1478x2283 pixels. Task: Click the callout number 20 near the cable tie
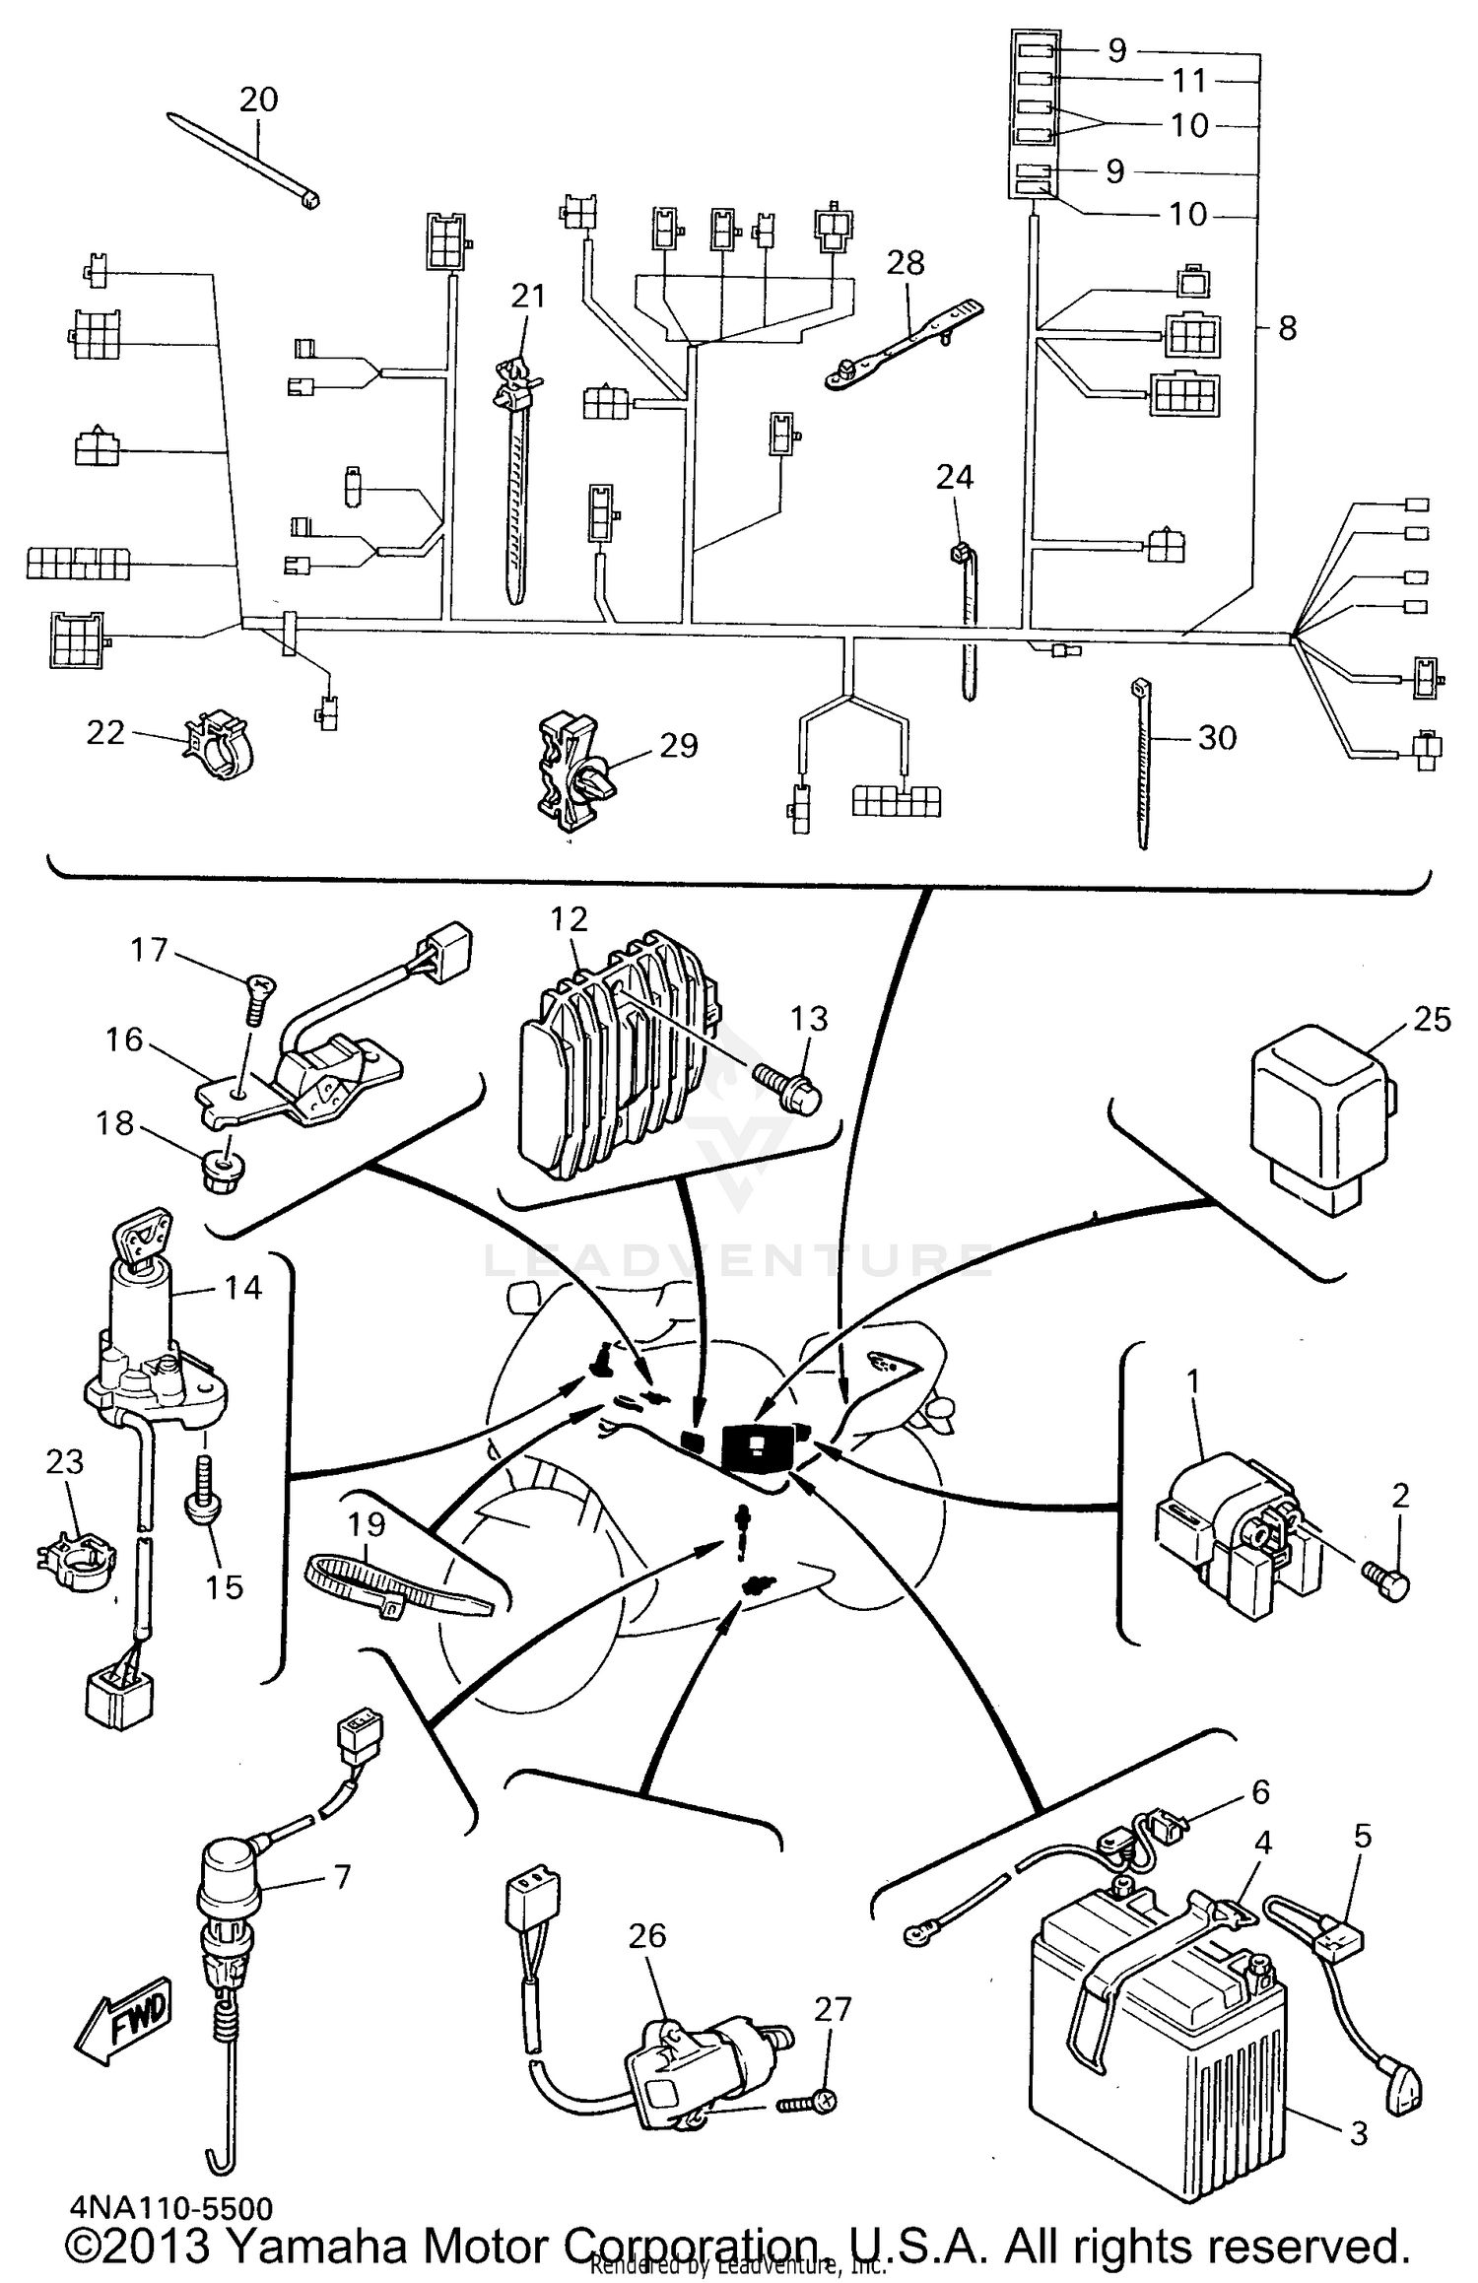coord(259,99)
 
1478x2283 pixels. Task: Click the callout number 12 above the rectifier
coord(570,919)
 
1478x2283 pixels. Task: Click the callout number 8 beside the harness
coord(1287,328)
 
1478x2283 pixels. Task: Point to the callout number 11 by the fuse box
coord(1189,80)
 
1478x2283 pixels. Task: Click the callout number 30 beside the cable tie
coord(1217,737)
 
